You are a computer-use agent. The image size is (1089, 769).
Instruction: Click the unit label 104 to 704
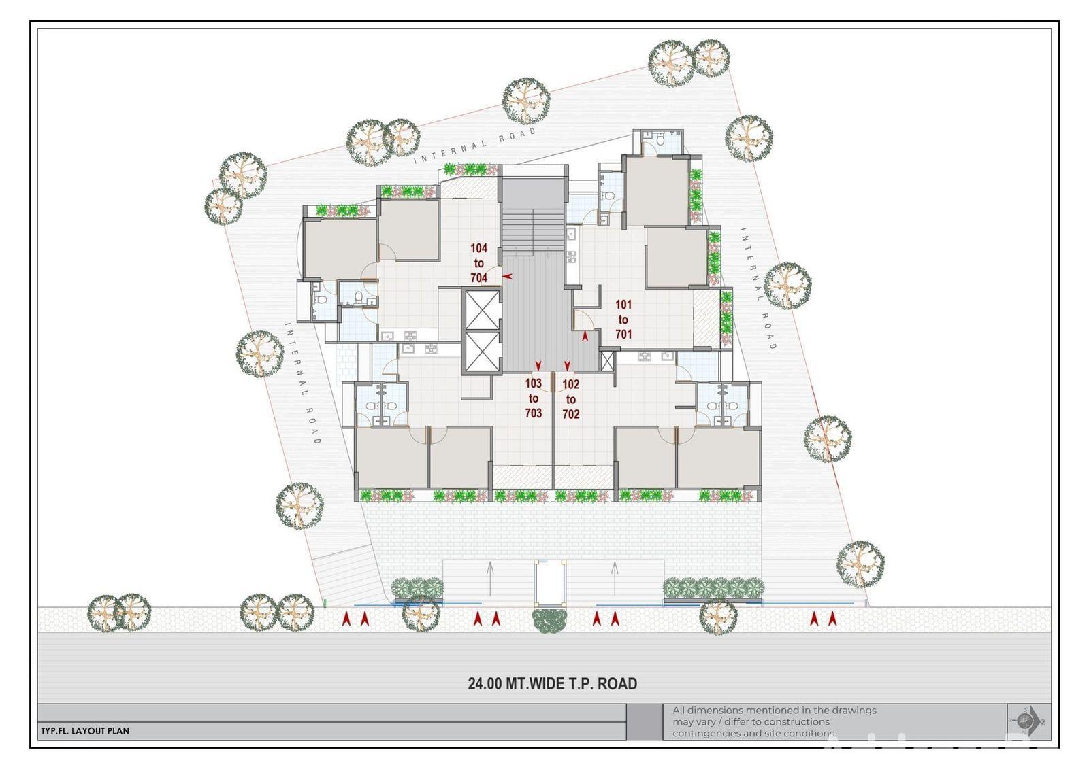tap(479, 263)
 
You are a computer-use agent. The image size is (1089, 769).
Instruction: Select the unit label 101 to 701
tap(623, 319)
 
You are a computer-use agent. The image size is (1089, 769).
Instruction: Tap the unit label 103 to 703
tap(534, 398)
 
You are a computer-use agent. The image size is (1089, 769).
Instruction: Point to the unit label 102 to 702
tap(571, 399)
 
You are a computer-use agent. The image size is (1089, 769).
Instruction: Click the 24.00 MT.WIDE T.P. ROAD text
tap(552, 683)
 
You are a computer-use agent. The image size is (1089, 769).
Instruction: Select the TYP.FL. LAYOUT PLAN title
tap(85, 731)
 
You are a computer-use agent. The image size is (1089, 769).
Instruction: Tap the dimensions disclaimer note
tap(775, 721)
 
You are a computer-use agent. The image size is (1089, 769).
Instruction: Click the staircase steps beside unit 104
tap(533, 230)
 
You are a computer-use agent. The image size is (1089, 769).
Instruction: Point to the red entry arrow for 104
tap(507, 277)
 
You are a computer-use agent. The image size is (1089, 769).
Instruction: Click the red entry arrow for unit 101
tap(585, 336)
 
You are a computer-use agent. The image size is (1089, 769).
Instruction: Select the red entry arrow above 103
tap(538, 365)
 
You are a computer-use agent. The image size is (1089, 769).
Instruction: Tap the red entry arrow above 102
tap(567, 365)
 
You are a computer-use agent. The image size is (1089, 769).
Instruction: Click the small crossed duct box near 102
tap(607, 361)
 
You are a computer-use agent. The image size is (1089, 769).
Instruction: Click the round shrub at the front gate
tap(550, 620)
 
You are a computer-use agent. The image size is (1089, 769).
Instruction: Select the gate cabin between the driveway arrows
tap(550, 582)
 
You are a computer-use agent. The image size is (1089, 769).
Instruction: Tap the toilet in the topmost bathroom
tap(660, 140)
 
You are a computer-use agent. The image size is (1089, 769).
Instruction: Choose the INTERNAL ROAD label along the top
tap(476, 144)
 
